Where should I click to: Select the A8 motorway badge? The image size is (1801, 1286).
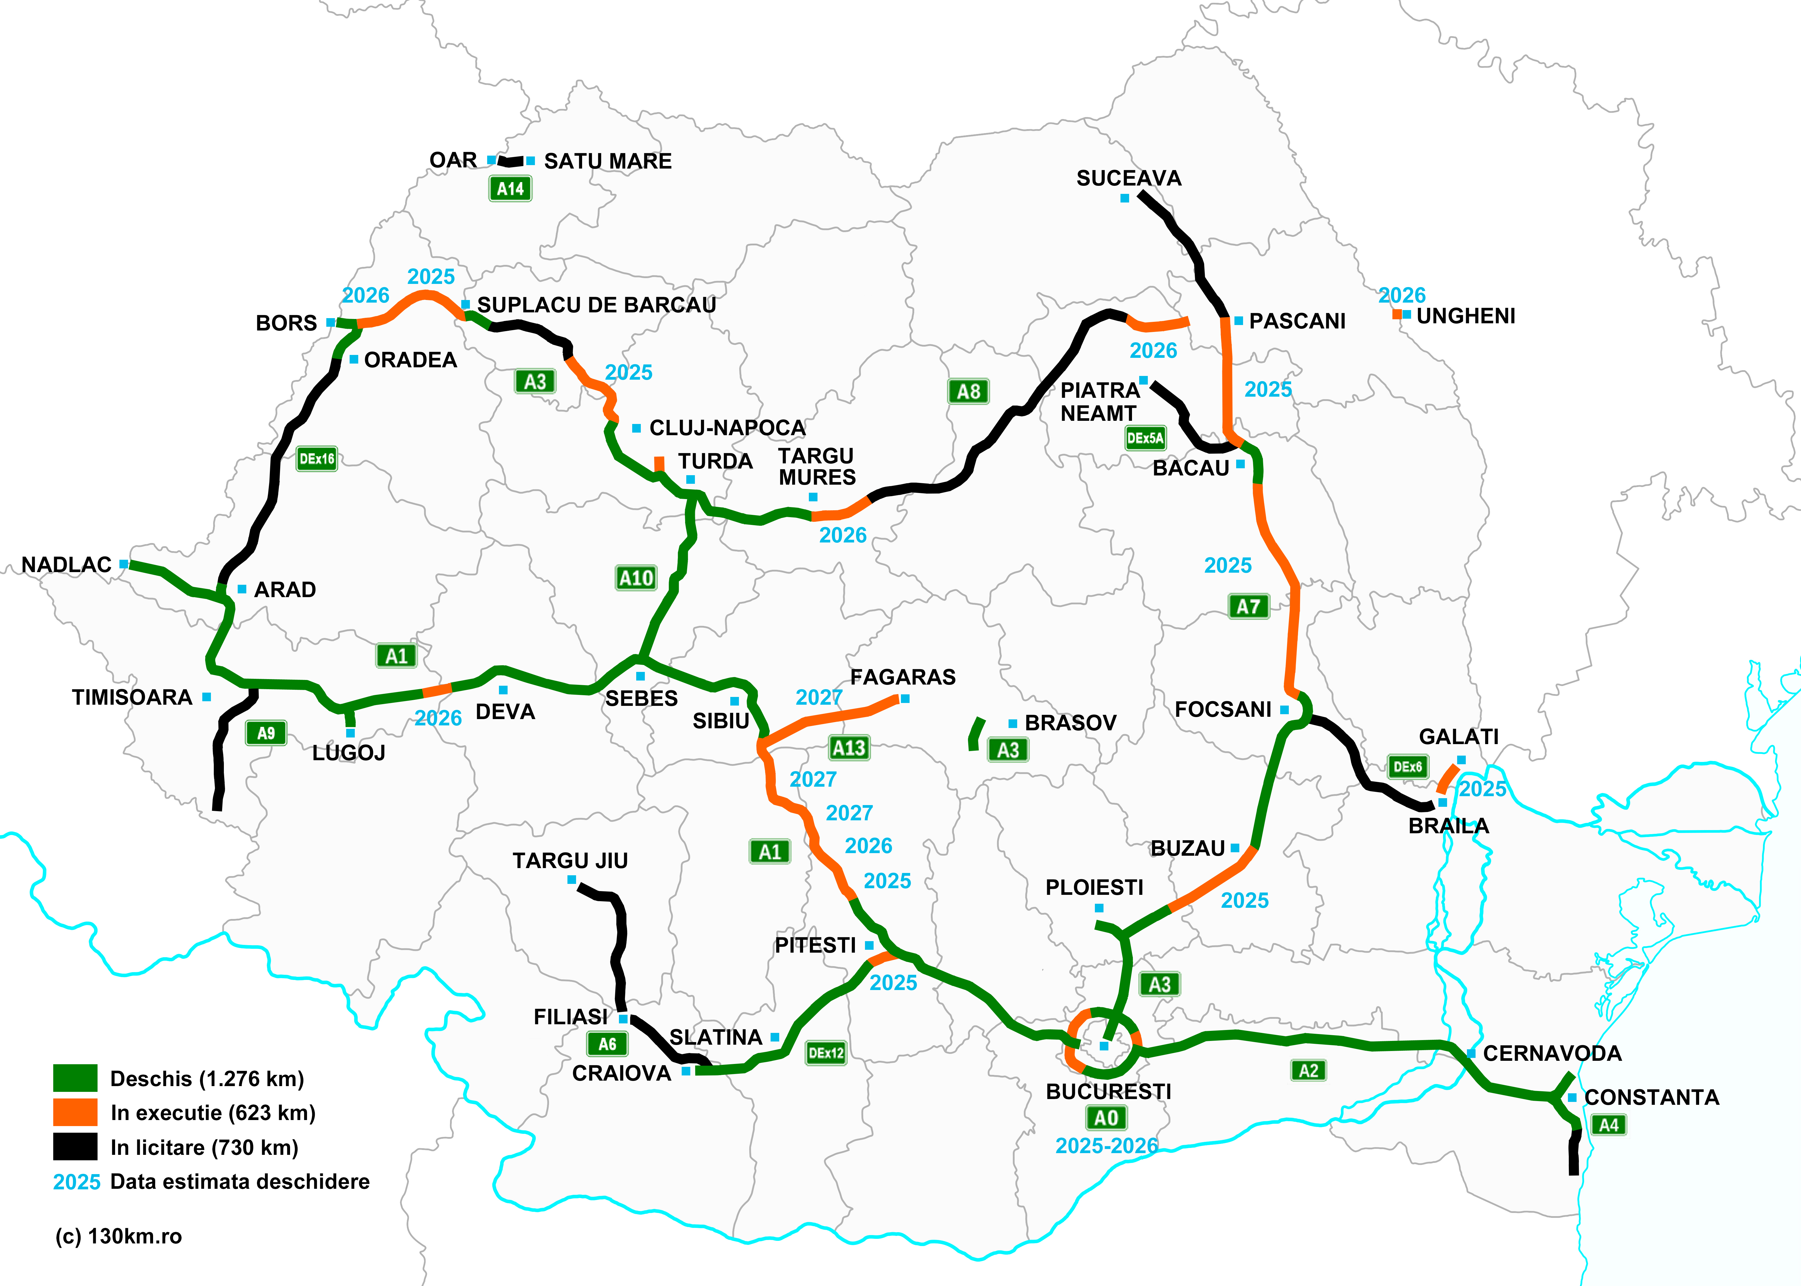968,391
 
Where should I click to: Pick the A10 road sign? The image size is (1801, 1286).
636,578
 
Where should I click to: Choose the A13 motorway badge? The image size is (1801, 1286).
849,748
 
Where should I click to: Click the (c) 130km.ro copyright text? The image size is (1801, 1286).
119,1236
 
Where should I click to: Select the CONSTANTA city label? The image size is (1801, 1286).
1651,1098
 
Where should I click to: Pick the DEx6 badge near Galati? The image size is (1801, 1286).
1407,767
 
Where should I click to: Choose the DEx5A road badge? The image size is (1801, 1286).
1145,438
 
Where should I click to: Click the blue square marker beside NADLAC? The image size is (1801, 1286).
123,564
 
